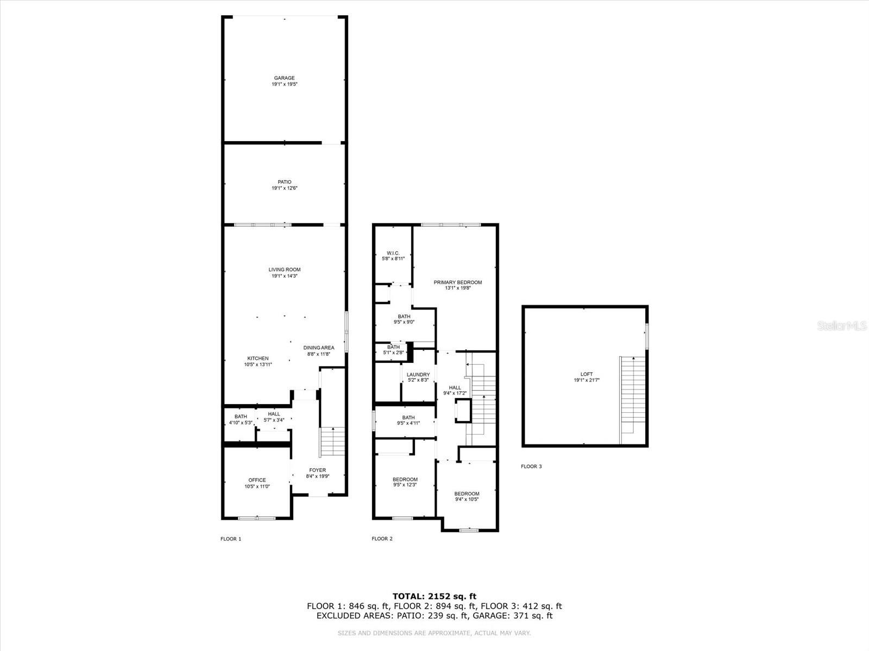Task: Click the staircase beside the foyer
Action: click(332, 441)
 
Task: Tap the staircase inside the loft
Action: click(633, 400)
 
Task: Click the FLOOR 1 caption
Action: click(231, 539)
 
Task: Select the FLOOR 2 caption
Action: click(382, 538)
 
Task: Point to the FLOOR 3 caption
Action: click(531, 467)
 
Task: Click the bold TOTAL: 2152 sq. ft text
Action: click(434, 596)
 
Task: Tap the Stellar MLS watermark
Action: click(842, 326)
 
